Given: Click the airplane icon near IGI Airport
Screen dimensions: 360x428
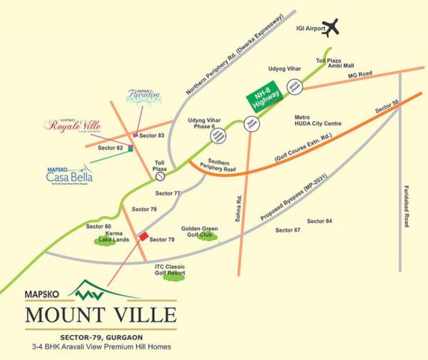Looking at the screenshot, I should pos(331,29).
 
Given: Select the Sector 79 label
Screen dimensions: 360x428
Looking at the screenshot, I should pos(161,240).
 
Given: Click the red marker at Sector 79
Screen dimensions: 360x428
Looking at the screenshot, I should pos(143,236).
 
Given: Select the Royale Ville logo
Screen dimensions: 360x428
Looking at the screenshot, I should pos(74,125).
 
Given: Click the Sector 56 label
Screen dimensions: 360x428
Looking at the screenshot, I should pos(386,106).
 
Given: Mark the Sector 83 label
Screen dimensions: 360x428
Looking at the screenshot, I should pos(152,135).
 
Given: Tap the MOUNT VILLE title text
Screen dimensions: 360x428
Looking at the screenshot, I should pos(101,312).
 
